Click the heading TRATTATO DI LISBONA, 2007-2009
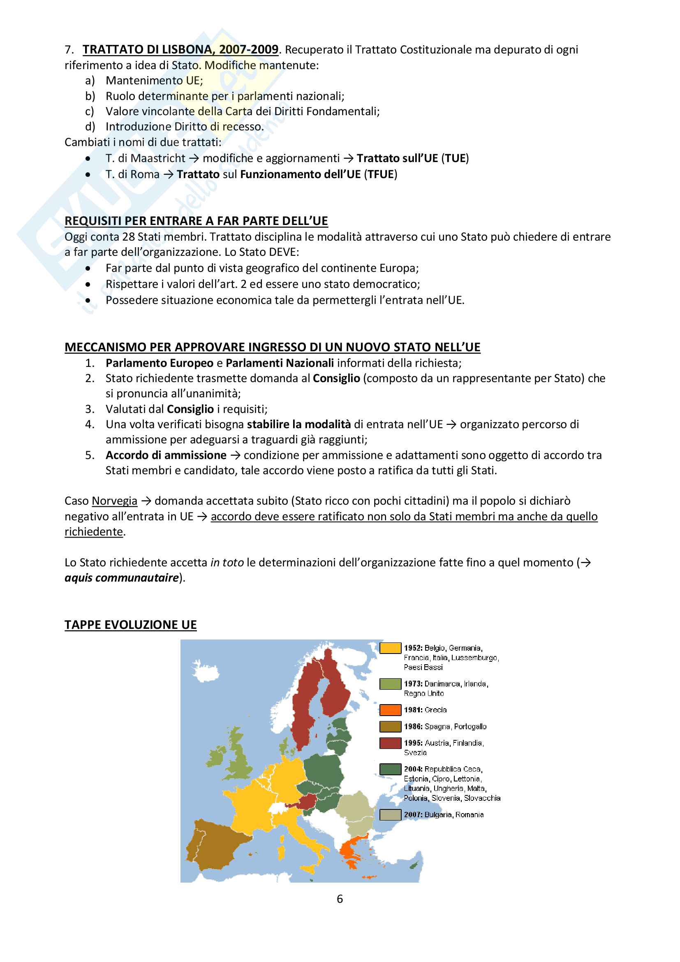[x=180, y=50]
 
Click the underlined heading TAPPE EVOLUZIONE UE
[x=130, y=625]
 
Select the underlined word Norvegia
[x=114, y=501]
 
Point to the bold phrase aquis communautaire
[x=121, y=578]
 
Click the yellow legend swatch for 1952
[x=390, y=648]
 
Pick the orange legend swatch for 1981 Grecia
[x=390, y=710]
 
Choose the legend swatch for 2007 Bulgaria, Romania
[x=390, y=814]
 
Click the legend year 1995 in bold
[x=413, y=743]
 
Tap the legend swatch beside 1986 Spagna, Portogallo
[x=390, y=726]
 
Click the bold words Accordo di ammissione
[x=166, y=455]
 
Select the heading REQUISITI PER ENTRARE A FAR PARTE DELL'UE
[x=196, y=221]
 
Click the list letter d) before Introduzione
[x=90, y=127]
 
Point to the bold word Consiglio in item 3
[x=190, y=409]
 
